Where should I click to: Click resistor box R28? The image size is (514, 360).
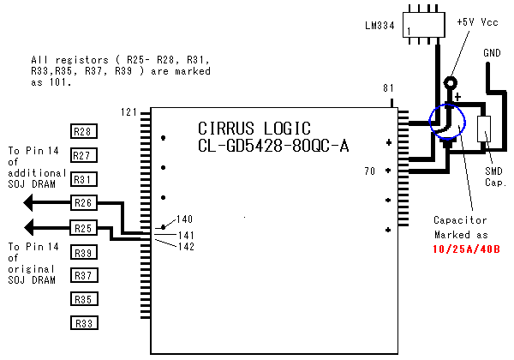83,132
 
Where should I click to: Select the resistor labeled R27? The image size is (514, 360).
83,155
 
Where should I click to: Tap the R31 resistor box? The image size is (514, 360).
83,179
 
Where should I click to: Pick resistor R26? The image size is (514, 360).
83,203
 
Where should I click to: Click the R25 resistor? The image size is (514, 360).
83,228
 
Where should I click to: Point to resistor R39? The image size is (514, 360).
83,253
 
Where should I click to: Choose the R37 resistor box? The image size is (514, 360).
83,275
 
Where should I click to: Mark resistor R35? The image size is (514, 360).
83,299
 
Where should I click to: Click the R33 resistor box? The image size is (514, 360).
83,323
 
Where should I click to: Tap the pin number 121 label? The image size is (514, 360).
129,113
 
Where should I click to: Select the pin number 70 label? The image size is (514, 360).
370,171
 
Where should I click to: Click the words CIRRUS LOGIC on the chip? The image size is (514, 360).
248,127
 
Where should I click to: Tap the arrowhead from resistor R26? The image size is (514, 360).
30,203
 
